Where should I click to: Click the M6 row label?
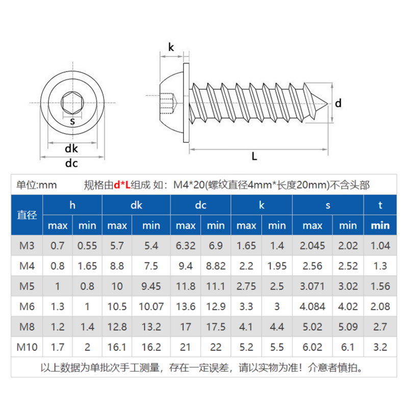coord(27,307)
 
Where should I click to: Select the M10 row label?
coord(27,347)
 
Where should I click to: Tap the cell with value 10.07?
coord(151,307)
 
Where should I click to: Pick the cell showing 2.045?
coord(312,246)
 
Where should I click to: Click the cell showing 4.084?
coord(312,307)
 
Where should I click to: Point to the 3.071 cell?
coord(312,286)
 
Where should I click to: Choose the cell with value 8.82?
coord(216,266)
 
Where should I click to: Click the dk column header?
coord(136,206)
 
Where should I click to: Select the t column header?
coord(380,206)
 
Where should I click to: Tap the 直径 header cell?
coord(27,215)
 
